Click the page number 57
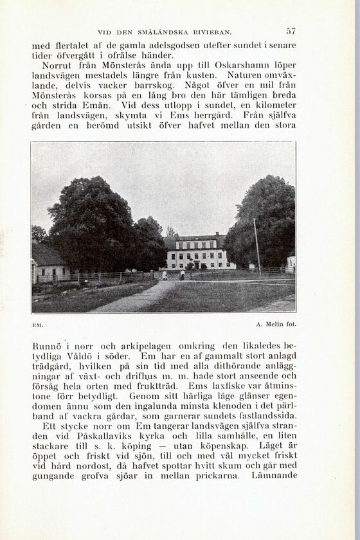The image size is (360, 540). coord(291,30)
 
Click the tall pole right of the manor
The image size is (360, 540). coord(256,246)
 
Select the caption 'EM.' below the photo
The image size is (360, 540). coord(37,325)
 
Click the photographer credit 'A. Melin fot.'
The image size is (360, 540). coord(275,325)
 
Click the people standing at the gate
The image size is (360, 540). coord(173,274)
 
